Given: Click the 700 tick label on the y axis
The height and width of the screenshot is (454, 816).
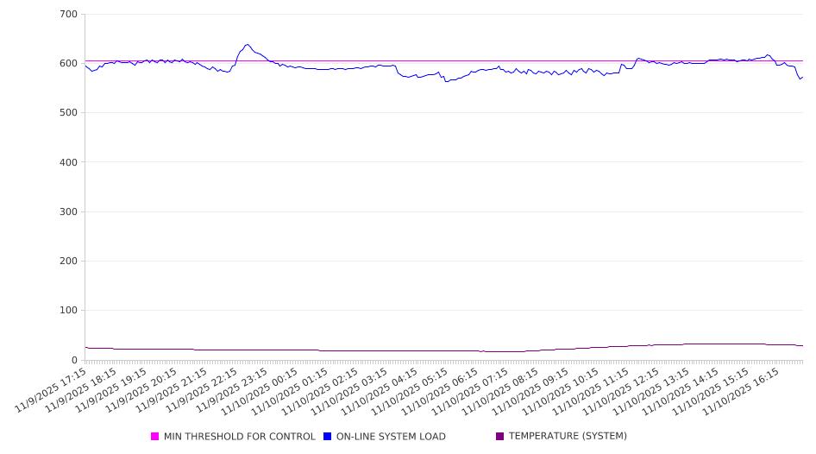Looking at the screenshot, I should (x=69, y=15).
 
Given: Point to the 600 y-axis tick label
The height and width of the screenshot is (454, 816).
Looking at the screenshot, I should (x=69, y=64).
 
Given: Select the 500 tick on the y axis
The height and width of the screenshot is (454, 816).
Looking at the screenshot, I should (x=69, y=113).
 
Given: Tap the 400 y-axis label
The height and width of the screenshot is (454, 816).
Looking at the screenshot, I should (x=69, y=162).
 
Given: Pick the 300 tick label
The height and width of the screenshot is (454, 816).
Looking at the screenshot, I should (x=69, y=211).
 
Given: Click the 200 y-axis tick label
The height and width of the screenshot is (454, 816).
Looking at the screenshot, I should (x=69, y=261).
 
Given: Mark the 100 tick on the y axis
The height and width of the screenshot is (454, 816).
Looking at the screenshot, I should (x=69, y=311).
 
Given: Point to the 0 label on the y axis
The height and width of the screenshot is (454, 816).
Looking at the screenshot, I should (x=74, y=360).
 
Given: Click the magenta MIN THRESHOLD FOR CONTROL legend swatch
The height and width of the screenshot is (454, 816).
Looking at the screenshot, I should (x=155, y=437).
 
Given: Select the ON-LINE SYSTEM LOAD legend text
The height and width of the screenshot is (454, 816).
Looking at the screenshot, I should (x=391, y=437).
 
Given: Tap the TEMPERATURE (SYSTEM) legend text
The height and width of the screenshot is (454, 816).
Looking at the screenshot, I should (x=568, y=437).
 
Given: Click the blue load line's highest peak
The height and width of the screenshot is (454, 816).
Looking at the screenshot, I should (x=248, y=45).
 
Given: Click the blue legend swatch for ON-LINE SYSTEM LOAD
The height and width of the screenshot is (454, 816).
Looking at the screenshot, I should (x=328, y=437).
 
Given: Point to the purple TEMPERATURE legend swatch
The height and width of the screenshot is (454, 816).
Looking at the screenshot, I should (x=500, y=437).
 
